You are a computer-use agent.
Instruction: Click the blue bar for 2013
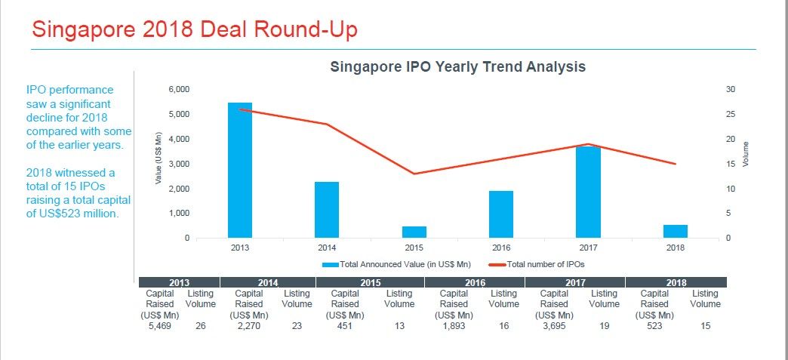pyautogui.click(x=240, y=170)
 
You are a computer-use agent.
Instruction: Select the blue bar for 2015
pyautogui.click(x=414, y=232)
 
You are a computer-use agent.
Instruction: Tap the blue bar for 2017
pyautogui.click(x=588, y=192)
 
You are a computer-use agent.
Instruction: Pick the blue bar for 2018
pyautogui.click(x=676, y=231)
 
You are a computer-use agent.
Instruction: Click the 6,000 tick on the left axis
pyautogui.click(x=179, y=90)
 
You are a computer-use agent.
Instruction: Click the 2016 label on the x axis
pyautogui.click(x=501, y=248)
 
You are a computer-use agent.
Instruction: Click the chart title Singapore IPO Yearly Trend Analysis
pyautogui.click(x=457, y=66)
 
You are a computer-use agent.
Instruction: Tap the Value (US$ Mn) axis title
pyautogui.click(x=159, y=158)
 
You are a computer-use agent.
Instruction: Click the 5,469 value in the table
pyautogui.click(x=159, y=326)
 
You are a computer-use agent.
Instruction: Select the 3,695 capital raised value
pyautogui.click(x=554, y=326)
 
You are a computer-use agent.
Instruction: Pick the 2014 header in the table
pyautogui.click(x=268, y=282)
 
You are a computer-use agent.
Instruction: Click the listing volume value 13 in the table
pyautogui.click(x=399, y=326)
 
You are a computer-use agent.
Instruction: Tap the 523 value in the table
pyautogui.click(x=654, y=326)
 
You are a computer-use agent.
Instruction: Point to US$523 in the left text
pyautogui.click(x=66, y=214)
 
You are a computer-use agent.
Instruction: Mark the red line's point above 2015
pyautogui.click(x=414, y=174)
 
